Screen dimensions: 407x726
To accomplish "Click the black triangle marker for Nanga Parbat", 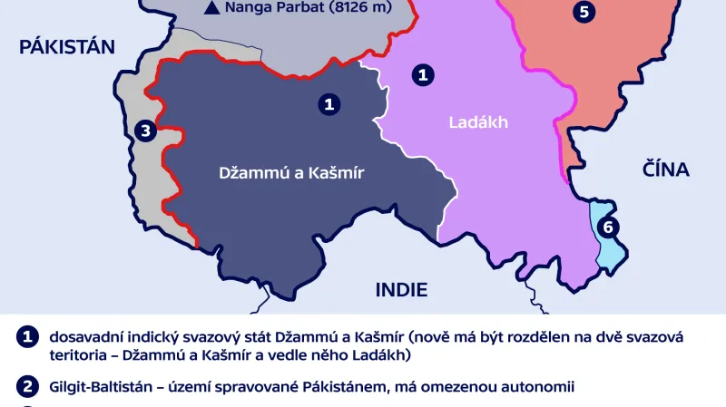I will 211,9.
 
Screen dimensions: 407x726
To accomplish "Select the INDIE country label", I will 401,290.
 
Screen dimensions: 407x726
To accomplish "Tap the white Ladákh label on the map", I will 478,122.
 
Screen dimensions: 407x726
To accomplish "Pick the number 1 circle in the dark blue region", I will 330,104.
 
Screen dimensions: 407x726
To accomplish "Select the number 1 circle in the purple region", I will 421,75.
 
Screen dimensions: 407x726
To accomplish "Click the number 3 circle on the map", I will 143,131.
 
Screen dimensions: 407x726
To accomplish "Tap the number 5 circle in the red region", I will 585,12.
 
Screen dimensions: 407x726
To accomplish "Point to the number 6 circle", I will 608,228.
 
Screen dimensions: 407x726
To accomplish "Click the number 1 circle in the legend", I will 27,336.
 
